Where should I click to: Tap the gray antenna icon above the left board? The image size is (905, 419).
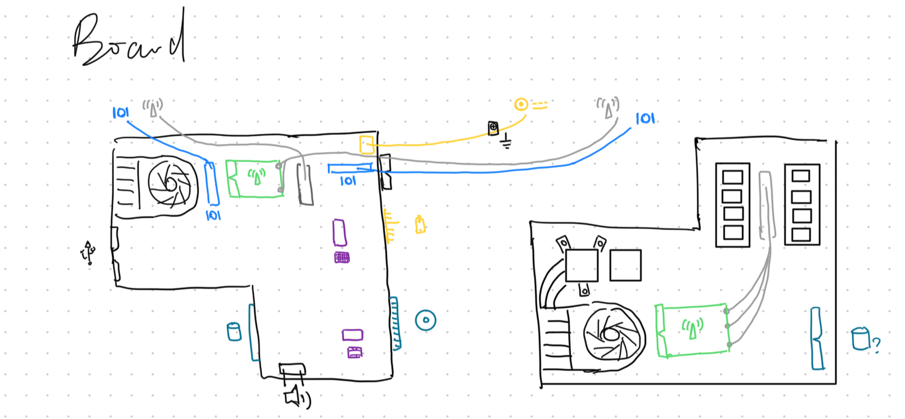[153, 107]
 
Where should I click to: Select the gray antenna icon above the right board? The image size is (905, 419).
[608, 107]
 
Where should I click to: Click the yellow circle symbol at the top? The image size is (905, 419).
[521, 104]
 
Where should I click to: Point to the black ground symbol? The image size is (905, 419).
[506, 142]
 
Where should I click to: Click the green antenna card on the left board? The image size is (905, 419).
[254, 178]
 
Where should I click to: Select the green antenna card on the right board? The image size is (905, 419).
[692, 329]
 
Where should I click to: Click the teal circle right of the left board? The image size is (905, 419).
[426, 320]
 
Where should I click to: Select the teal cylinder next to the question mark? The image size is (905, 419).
[860, 339]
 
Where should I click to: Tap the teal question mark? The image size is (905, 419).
[876, 343]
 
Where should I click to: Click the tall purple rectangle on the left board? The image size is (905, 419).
[339, 233]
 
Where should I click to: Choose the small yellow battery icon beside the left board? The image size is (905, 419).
[420, 225]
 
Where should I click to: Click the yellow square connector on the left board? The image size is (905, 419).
[367, 144]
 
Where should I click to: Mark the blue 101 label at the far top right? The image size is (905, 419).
[645, 119]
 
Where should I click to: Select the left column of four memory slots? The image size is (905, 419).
[733, 205]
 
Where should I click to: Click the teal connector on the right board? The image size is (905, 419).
[817, 338]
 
